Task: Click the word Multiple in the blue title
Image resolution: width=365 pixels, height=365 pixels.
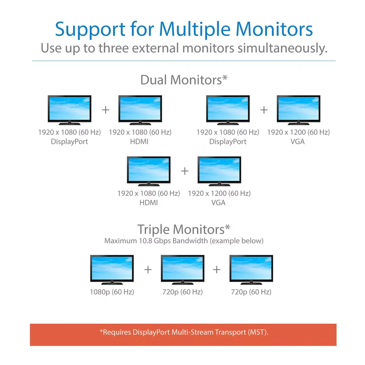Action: tap(195, 30)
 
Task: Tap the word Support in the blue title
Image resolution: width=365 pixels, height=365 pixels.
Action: tap(90, 30)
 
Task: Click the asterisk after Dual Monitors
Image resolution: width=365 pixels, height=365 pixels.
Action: tap(225, 78)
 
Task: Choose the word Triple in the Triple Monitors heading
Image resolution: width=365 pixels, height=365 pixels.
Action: tap(153, 230)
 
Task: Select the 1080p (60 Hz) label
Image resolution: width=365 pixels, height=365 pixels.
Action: tap(112, 292)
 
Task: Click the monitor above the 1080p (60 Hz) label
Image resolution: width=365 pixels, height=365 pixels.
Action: tap(112, 270)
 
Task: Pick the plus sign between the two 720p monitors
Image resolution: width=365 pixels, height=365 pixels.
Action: tap(217, 269)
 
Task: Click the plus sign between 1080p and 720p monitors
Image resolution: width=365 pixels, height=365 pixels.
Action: tap(148, 269)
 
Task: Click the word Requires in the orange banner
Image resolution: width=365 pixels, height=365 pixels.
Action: tap(117, 332)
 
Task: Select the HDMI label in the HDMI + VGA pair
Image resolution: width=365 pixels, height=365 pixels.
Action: tap(148, 203)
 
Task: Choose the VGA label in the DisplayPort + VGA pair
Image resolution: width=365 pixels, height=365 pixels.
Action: tap(297, 141)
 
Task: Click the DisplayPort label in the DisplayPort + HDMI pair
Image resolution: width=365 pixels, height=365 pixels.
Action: tap(69, 142)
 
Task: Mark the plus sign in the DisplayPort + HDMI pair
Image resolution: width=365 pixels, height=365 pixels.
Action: tap(106, 110)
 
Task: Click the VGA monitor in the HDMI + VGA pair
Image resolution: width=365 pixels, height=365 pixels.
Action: tap(219, 171)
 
